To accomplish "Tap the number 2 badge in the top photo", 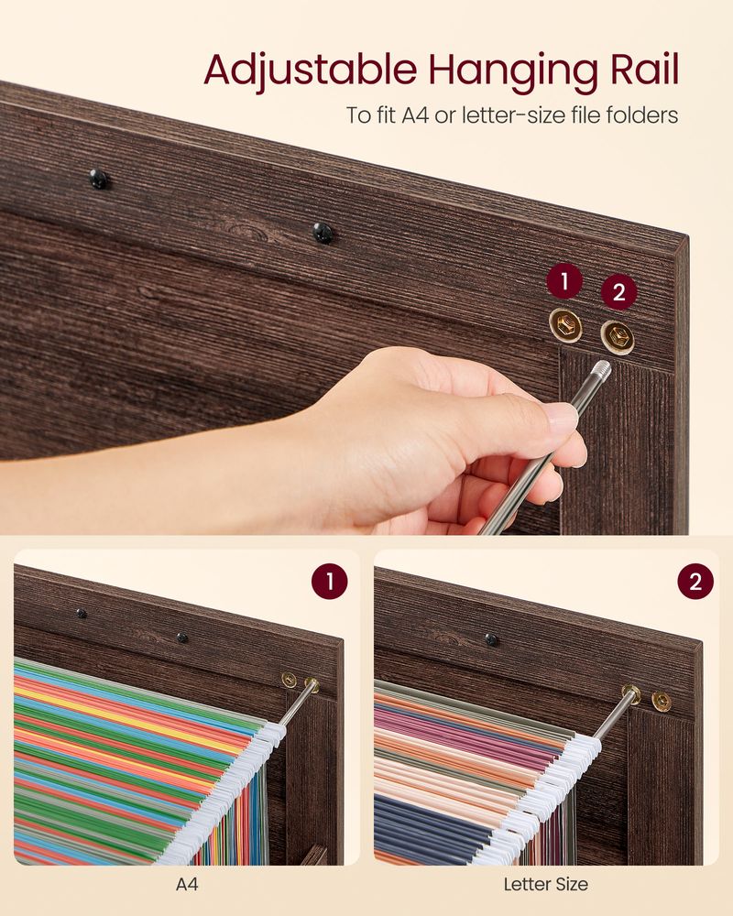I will pos(618,292).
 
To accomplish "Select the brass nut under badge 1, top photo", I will pos(566,323).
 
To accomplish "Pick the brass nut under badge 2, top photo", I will pos(617,336).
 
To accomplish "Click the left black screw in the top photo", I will pos(98,179).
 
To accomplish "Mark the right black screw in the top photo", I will pos(323,233).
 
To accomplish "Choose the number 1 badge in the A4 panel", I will pos(329,582).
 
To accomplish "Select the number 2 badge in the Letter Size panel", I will pos(695,582).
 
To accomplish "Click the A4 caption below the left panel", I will pos(186,885).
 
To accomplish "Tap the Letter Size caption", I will pos(545,885).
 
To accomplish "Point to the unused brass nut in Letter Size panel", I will pos(661,701).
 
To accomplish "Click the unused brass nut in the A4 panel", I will pos(290,680).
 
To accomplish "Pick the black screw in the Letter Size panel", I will pos(492,639).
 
